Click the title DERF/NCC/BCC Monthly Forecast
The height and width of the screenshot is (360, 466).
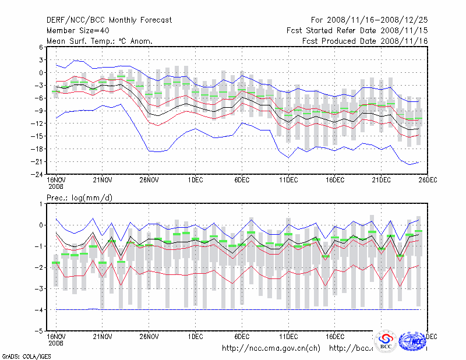tap(109, 20)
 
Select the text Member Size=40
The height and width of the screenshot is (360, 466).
tap(80, 30)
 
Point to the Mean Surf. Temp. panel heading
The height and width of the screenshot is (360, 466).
tap(100, 41)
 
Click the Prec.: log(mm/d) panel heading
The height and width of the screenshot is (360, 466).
tap(79, 198)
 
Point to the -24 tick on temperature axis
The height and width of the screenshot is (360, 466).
tap(39, 174)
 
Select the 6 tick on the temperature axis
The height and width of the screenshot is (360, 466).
tap(41, 47)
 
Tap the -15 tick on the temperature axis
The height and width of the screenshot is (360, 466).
tap(39, 136)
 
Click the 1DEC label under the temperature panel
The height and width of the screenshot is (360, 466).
tap(195, 181)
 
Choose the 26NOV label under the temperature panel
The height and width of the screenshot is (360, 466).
tap(149, 181)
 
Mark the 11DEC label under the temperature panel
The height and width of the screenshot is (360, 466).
tap(288, 181)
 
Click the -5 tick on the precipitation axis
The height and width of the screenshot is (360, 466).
tap(40, 331)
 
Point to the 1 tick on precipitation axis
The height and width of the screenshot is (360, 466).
tap(41, 203)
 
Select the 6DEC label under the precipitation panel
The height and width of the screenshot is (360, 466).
tap(242, 337)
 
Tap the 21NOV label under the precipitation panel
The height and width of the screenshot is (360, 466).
tap(102, 337)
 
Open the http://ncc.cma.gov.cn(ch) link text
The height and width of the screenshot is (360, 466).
tap(271, 348)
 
